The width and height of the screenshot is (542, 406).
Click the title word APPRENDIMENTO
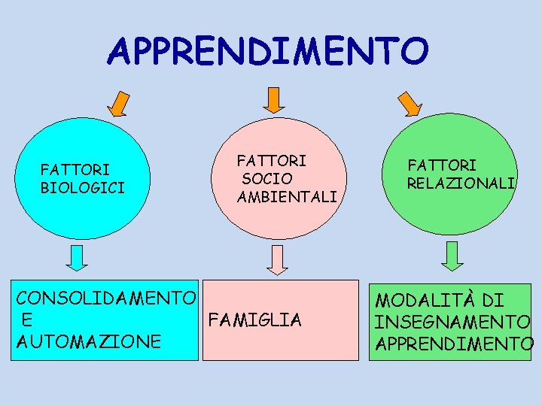tap(268, 51)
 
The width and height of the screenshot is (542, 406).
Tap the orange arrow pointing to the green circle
tap(409, 103)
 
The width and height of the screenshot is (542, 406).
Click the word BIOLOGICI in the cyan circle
tap(83, 186)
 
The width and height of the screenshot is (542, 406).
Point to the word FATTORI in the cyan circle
tap(75, 170)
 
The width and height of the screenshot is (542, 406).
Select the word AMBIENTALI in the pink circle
tap(287, 197)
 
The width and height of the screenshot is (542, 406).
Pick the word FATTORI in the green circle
tap(442, 165)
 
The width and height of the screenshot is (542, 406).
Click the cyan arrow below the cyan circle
tap(77, 257)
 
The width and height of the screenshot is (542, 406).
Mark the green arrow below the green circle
tap(452, 256)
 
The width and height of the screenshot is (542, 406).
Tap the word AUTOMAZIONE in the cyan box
tap(88, 341)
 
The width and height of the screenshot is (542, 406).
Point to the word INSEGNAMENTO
tap(452, 323)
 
